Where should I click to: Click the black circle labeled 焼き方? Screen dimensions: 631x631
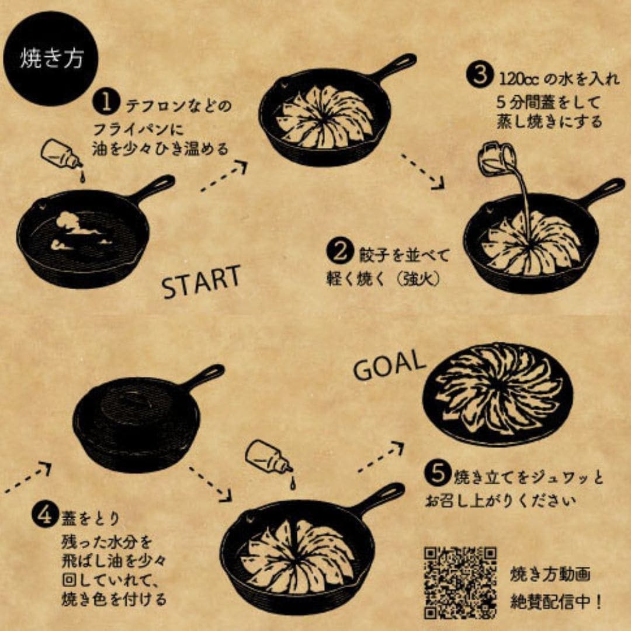click(51, 58)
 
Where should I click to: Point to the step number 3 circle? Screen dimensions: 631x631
click(479, 77)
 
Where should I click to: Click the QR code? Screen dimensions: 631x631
click(460, 581)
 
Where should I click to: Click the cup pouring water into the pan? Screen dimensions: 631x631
click(497, 158)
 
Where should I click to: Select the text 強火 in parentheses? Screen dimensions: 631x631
click(418, 279)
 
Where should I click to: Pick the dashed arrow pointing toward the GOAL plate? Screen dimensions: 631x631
click(380, 457)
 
